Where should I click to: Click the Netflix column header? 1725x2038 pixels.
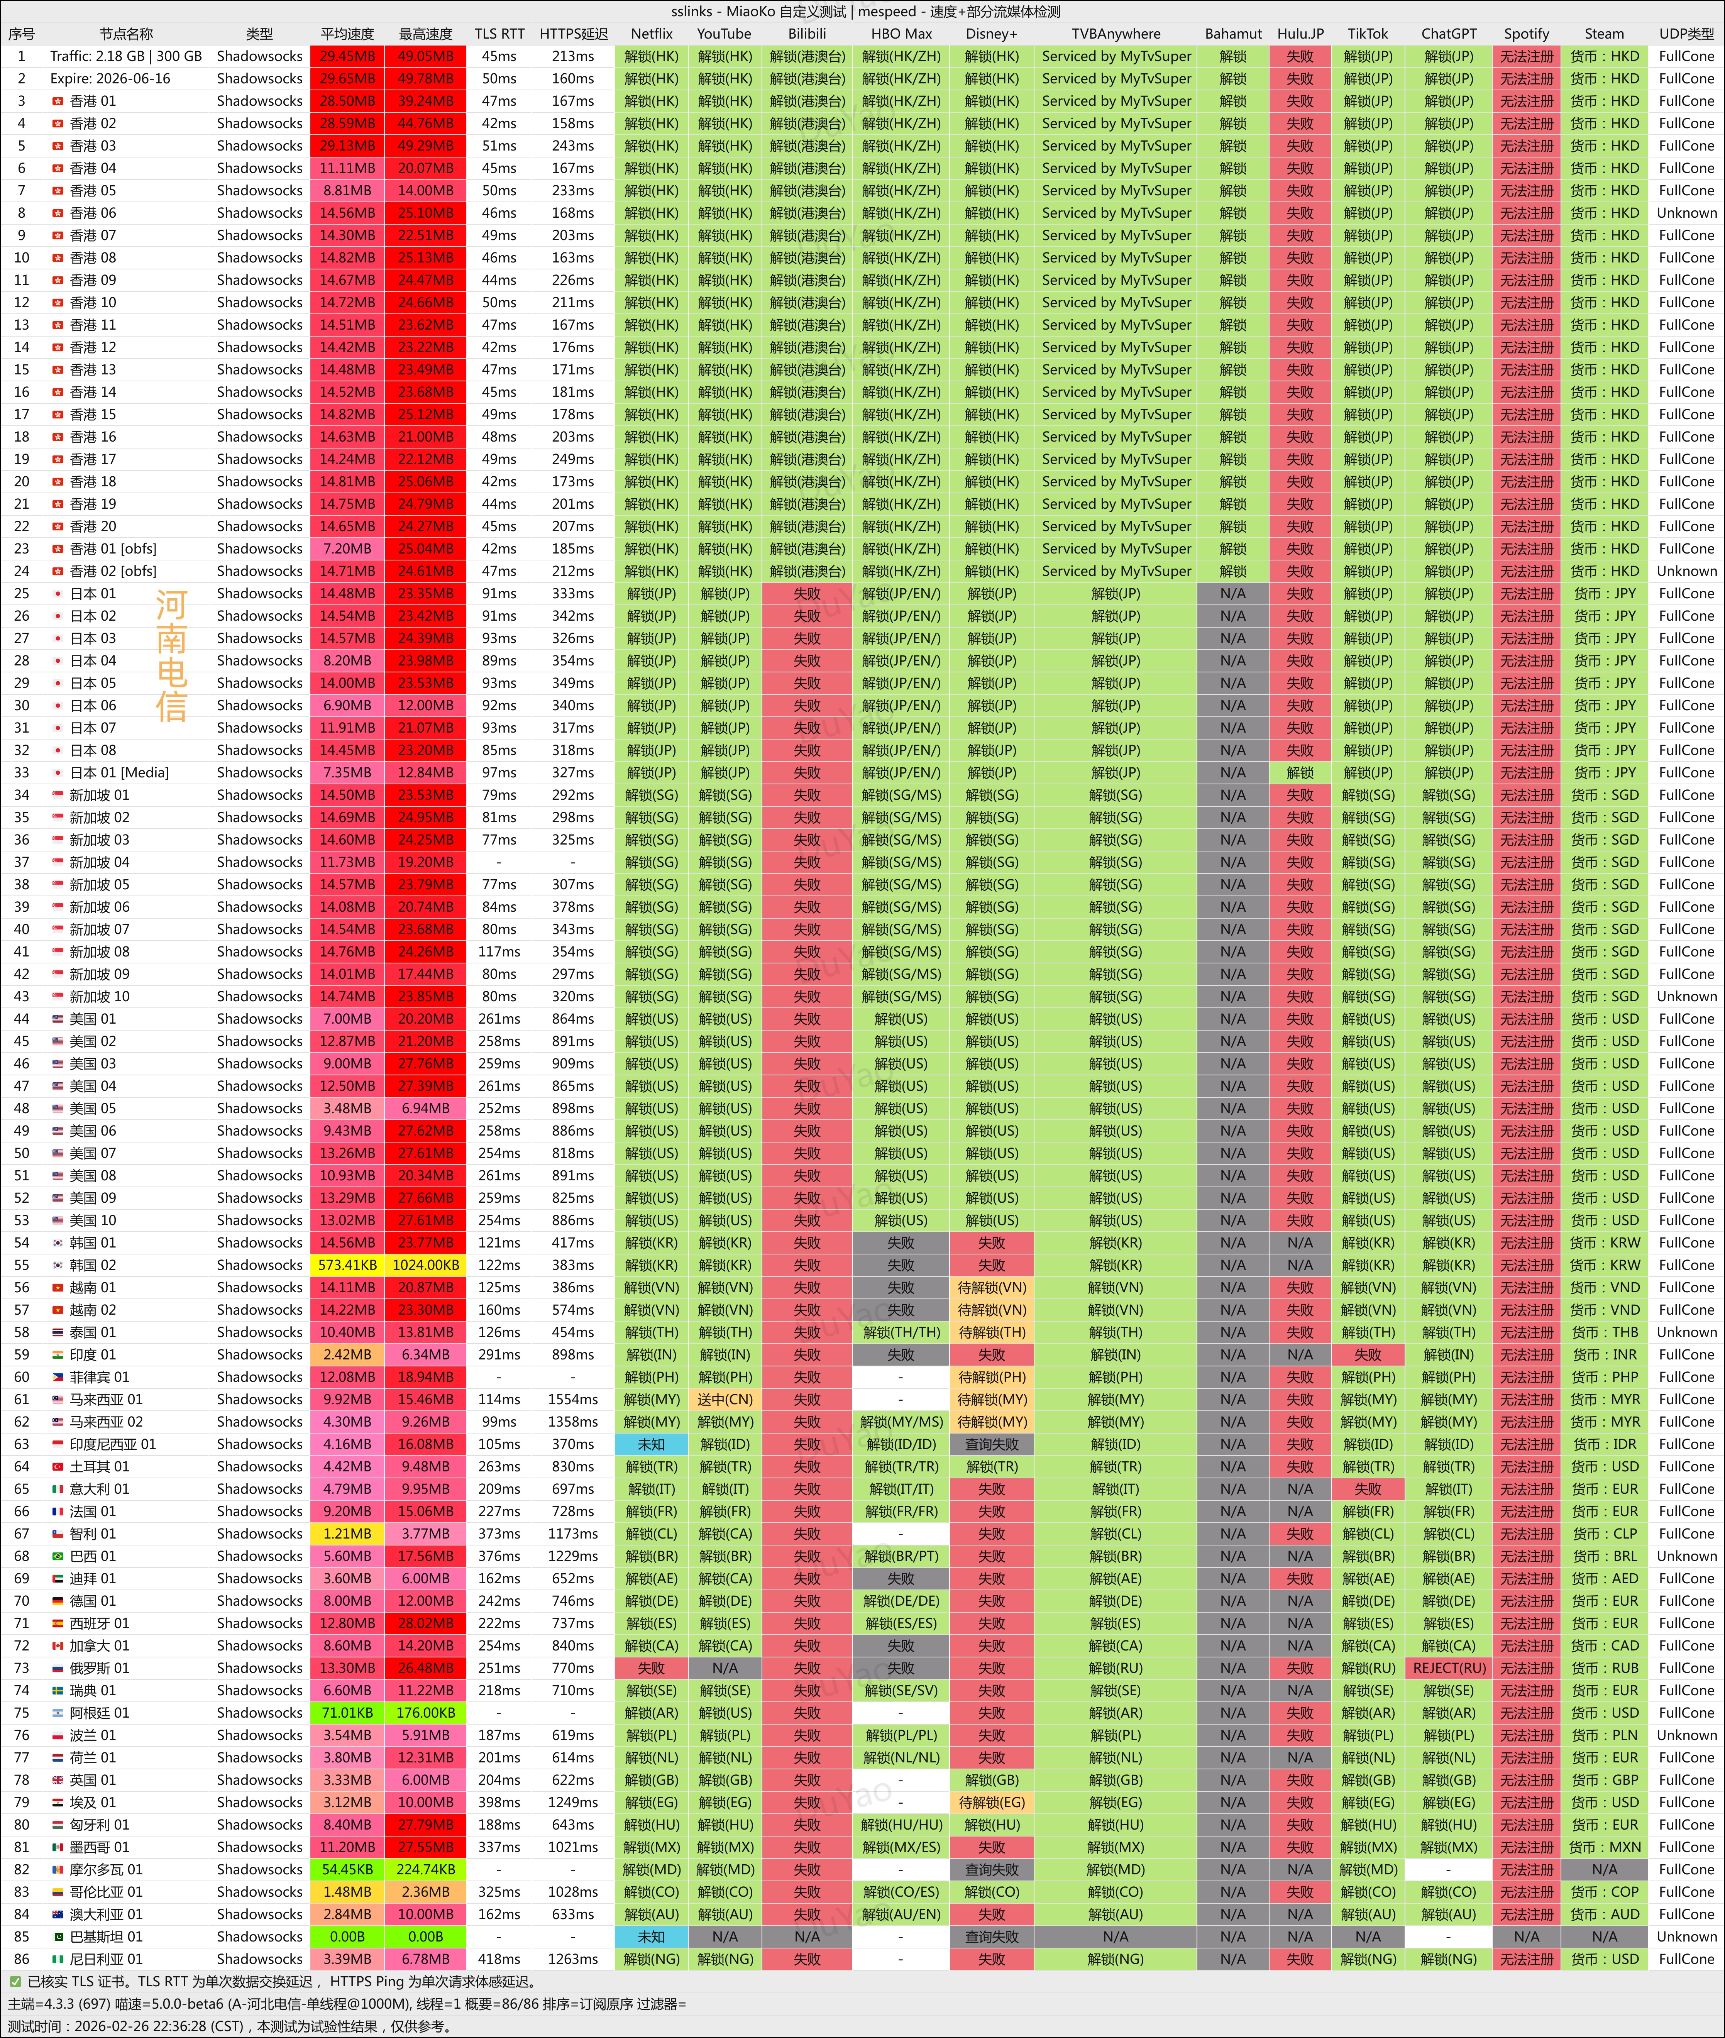[x=651, y=33]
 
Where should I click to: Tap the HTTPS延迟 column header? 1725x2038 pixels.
[x=573, y=33]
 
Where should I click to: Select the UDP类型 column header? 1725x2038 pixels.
[x=1686, y=33]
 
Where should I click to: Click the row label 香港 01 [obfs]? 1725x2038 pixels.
[x=112, y=548]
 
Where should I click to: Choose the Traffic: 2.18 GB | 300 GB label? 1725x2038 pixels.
[x=126, y=56]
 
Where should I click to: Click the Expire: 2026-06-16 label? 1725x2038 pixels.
[x=110, y=78]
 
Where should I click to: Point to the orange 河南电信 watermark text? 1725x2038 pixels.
[x=171, y=655]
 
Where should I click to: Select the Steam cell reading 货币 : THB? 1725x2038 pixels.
[x=1604, y=1332]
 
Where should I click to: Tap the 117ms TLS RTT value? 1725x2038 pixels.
[x=499, y=951]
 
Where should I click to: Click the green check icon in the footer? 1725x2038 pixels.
[x=15, y=1981]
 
